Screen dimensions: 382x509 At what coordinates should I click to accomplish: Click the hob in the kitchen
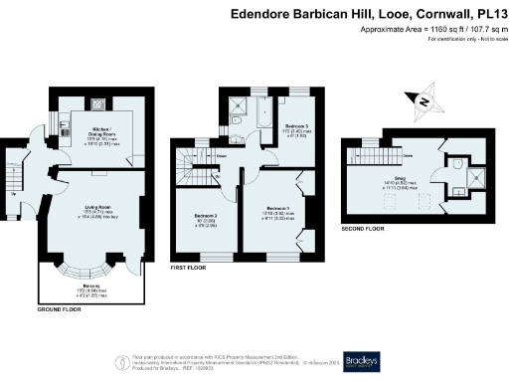[x=98, y=103]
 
